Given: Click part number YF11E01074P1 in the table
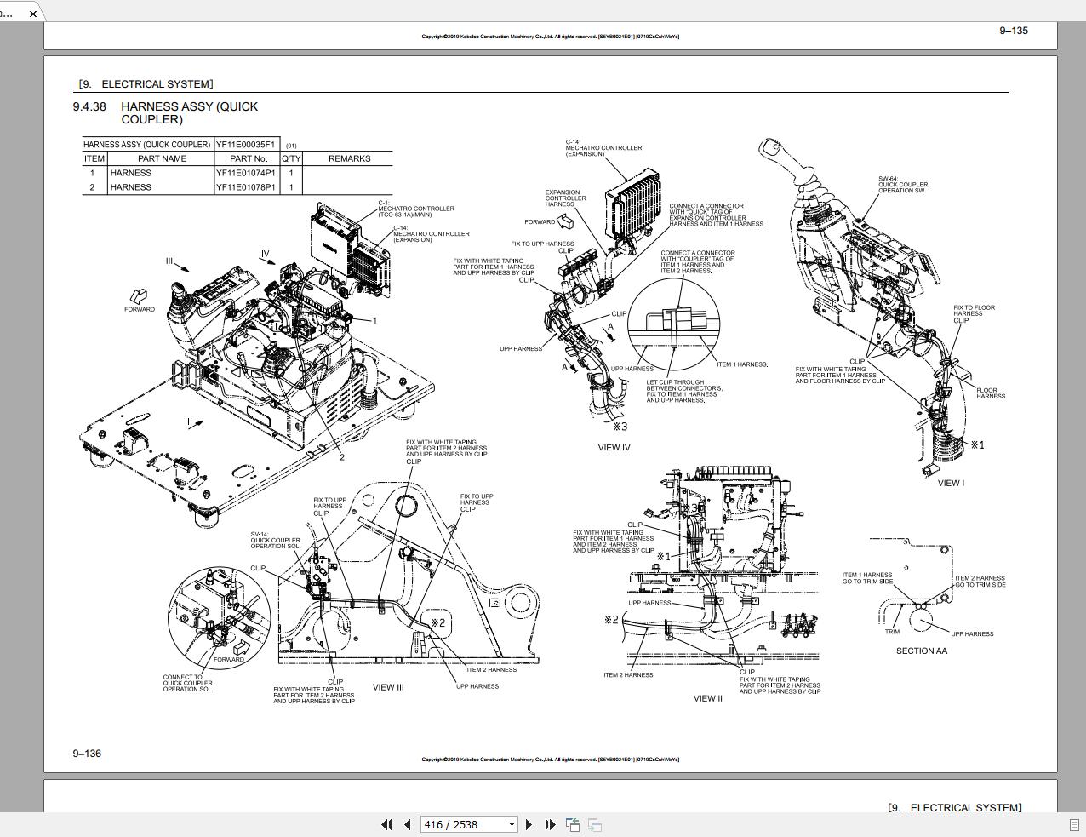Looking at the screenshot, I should click(245, 173).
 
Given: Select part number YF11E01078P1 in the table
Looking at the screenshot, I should click(245, 187).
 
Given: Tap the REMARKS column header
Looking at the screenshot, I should click(349, 158).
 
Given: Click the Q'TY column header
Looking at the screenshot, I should click(291, 158).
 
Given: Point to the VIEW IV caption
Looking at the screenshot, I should click(614, 447).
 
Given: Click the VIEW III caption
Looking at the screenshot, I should click(388, 687).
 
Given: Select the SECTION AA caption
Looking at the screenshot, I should click(921, 651).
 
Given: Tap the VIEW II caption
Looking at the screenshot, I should click(707, 698).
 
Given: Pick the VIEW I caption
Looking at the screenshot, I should click(951, 483).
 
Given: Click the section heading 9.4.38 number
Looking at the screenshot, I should click(89, 106).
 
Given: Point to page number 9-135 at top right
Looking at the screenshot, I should click(1013, 31).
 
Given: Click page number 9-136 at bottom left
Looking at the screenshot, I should click(87, 753).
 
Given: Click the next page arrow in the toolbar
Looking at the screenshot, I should click(529, 824).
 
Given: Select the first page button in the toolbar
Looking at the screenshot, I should click(386, 824).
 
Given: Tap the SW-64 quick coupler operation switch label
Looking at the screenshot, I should click(902, 185).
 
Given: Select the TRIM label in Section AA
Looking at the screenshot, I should click(892, 632).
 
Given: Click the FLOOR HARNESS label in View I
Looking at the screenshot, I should click(990, 393).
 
